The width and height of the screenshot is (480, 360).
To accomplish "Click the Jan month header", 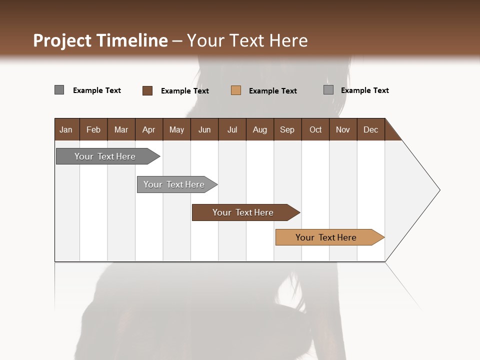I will (66, 129).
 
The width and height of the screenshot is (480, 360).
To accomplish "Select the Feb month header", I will (93, 129).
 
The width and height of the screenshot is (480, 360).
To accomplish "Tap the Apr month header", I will (148, 129).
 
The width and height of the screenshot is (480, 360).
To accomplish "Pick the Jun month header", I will (204, 129).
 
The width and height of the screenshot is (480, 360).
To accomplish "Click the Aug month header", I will (259, 129).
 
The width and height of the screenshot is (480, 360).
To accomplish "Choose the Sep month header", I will (287, 129).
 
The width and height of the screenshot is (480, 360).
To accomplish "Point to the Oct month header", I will (315, 129).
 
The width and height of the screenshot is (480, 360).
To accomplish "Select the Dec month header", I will (370, 129).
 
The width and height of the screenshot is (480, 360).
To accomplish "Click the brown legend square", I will (147, 90).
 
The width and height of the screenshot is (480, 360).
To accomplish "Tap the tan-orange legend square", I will (236, 90).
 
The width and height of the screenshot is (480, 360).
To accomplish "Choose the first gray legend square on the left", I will (59, 90).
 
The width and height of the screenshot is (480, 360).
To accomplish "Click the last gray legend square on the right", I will (328, 90).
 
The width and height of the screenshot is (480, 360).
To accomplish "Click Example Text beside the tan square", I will (272, 91).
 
